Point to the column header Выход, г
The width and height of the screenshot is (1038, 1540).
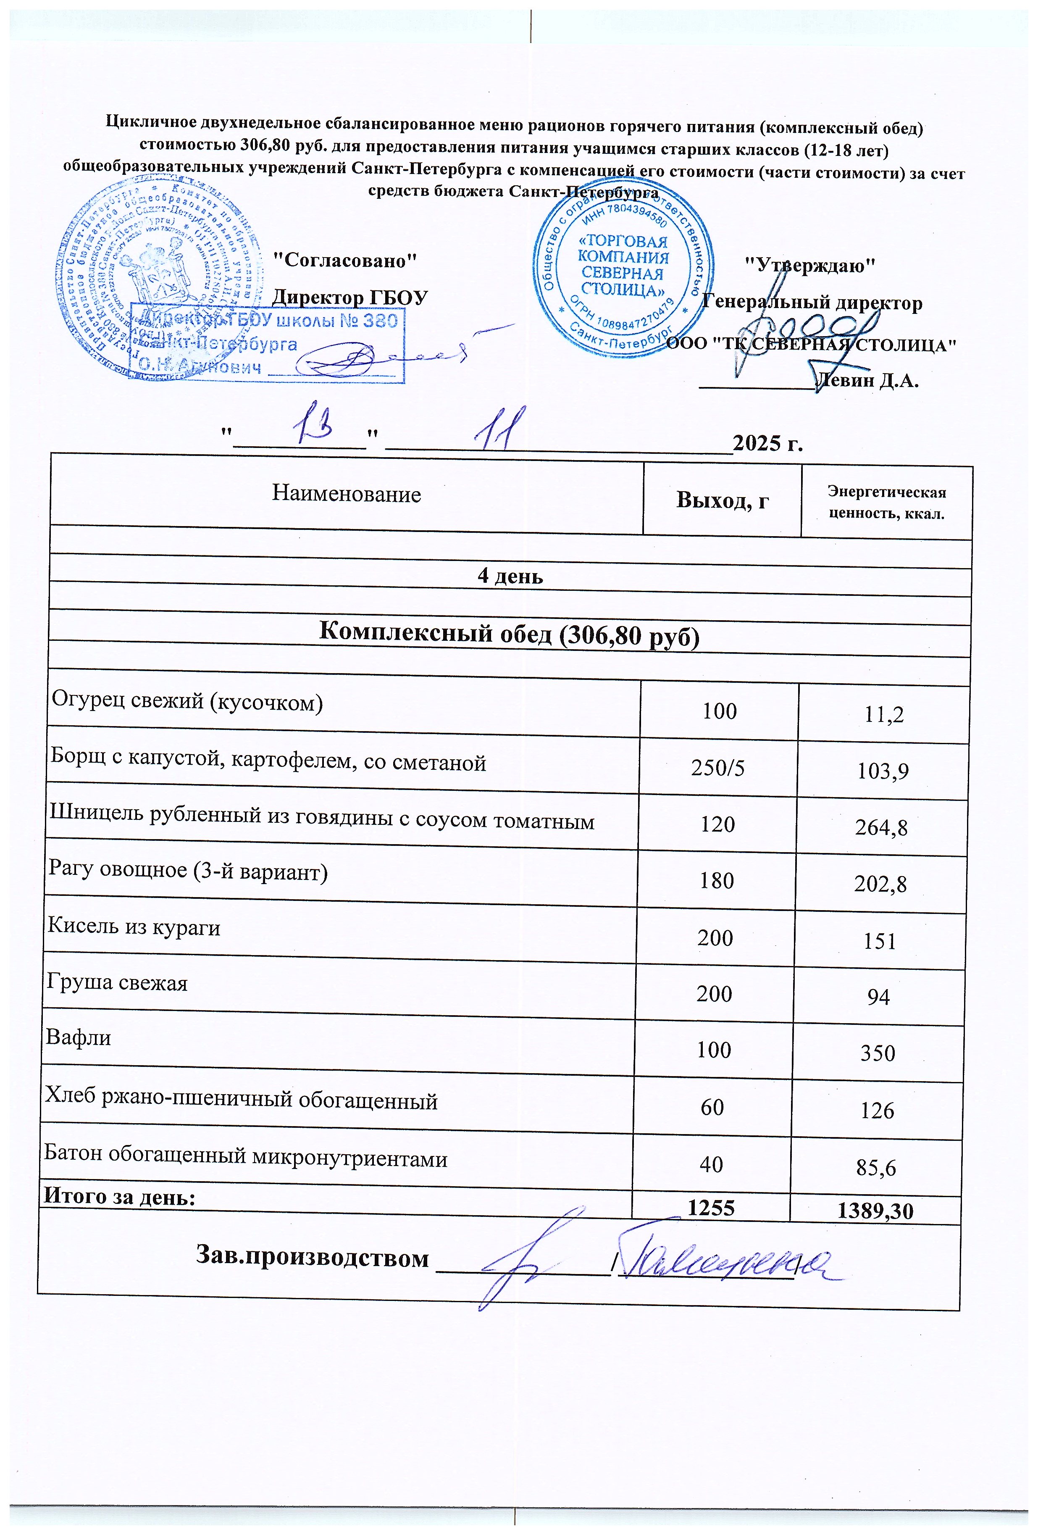[722, 500]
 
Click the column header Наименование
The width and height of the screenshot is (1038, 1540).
[346, 494]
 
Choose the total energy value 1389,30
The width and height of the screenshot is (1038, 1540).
[875, 1211]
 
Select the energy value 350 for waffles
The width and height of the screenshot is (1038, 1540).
[878, 1053]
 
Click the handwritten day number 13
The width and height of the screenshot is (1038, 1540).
[319, 428]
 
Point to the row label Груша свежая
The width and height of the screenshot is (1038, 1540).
[117, 982]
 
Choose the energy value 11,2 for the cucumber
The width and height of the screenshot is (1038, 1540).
[884, 714]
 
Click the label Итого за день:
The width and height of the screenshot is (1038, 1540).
[120, 1196]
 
